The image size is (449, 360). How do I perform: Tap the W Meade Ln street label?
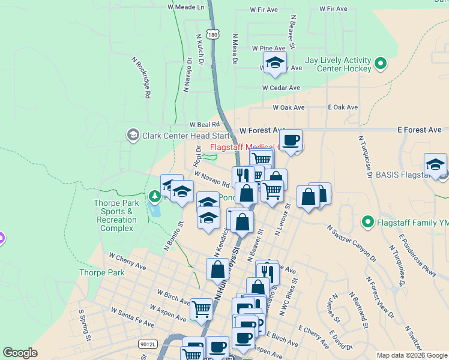tap(186, 7)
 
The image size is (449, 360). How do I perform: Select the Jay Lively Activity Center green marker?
tap(380, 63)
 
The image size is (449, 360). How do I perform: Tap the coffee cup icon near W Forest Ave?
tap(291, 140)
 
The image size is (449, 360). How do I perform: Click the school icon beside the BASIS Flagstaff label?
tap(435, 164)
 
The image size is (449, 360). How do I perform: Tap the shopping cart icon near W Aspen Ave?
tap(201, 308)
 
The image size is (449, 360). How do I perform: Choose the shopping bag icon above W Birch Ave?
tap(217, 269)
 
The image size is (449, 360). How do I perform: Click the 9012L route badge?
tap(147, 344)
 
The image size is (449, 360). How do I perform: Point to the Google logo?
tap(20, 353)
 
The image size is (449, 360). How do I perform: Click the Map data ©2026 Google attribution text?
tap(411, 355)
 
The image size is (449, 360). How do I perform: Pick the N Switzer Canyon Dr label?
tap(351, 244)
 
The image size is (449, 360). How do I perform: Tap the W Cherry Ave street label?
tap(127, 260)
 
